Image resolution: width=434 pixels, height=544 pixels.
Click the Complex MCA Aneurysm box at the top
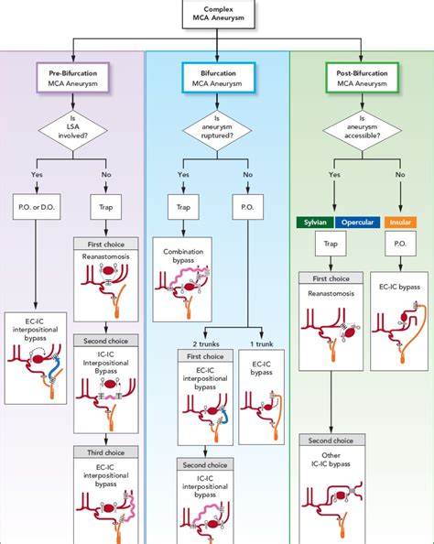216,15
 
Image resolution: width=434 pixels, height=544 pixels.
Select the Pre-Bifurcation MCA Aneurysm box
72,77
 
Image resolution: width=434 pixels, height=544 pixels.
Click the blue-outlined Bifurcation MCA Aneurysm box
216,77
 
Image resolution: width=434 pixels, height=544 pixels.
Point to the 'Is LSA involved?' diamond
72,130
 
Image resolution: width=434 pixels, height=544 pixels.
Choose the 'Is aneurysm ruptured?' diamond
216,130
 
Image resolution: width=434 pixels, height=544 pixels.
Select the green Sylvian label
313,221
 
